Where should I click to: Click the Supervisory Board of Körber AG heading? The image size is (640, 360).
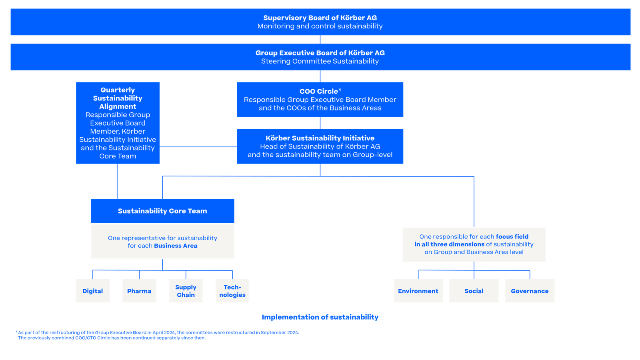(x=320, y=18)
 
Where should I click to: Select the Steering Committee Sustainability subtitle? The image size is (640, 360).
(x=320, y=61)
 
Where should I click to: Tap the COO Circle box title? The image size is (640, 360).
(x=320, y=91)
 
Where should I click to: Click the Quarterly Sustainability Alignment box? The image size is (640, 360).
(x=118, y=123)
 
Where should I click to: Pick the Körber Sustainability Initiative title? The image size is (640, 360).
(x=320, y=138)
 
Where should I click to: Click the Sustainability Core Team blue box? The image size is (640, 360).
(x=162, y=211)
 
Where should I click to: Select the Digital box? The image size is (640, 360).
(x=92, y=291)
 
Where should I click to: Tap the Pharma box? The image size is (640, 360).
(x=139, y=291)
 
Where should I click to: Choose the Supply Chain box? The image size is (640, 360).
(x=186, y=291)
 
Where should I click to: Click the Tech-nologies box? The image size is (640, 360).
(x=232, y=291)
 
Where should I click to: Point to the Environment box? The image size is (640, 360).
(x=418, y=291)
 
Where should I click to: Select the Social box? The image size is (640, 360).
(x=474, y=291)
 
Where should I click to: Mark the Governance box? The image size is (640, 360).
(x=530, y=291)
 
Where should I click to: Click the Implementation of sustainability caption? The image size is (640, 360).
(x=320, y=317)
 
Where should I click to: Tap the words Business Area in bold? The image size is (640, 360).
(x=176, y=246)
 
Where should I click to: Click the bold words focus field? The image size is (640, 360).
(x=512, y=236)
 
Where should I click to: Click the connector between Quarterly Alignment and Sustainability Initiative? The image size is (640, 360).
(x=198, y=147)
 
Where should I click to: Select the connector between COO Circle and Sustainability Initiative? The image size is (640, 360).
(x=320, y=123)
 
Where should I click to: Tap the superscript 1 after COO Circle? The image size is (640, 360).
(x=340, y=90)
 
